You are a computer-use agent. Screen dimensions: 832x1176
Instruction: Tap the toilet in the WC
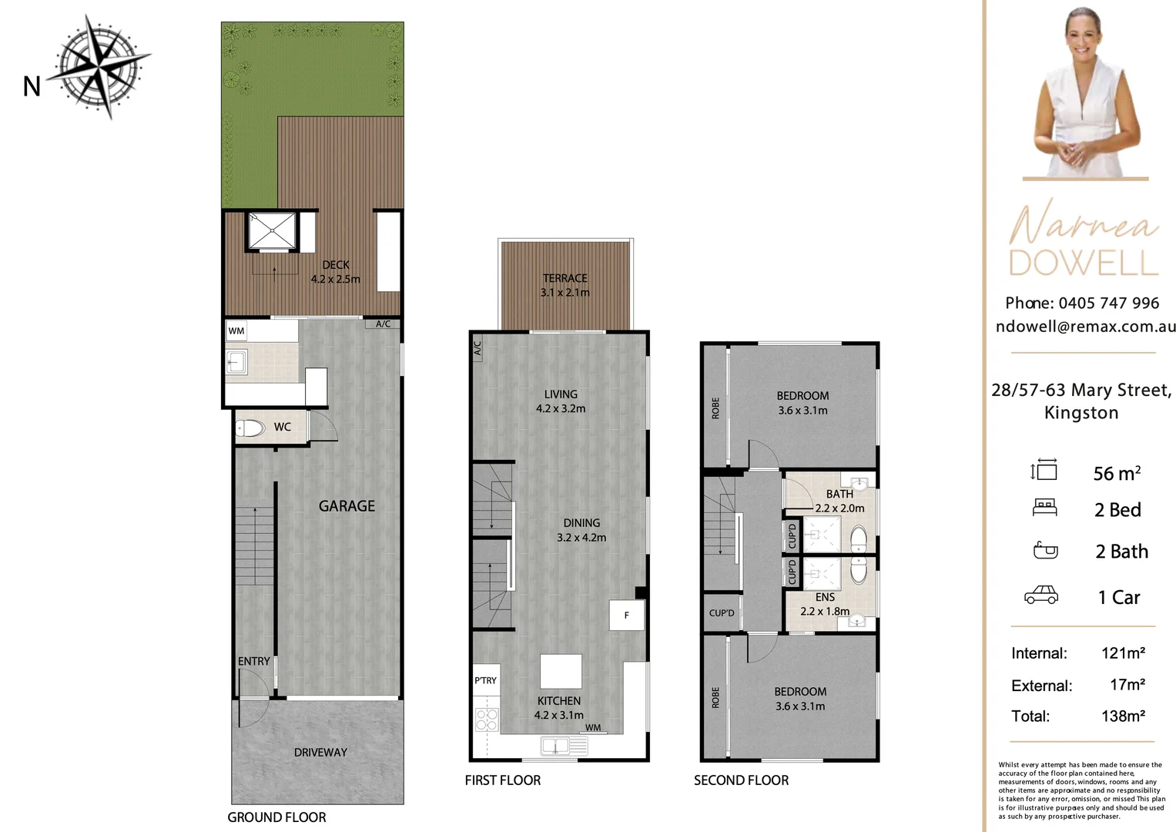coord(250,428)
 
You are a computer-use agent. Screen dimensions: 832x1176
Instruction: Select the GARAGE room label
coord(347,506)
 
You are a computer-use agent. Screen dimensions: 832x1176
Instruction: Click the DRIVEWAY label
coord(320,752)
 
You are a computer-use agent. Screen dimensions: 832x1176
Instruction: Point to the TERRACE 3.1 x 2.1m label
coord(565,285)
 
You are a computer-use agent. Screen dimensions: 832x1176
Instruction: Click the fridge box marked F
coord(626,615)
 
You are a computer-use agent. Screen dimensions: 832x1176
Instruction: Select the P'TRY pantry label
coord(485,680)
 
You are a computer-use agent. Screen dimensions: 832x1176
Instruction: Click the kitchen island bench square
coord(561,671)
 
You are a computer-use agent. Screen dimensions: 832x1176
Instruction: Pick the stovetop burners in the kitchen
coord(487,720)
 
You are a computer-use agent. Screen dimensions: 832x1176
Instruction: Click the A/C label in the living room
coord(477,348)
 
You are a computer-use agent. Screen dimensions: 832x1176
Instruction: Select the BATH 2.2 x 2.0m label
coord(839,501)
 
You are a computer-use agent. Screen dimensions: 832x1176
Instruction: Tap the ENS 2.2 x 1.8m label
coord(825,604)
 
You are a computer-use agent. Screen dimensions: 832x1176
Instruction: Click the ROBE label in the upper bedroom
coord(715,408)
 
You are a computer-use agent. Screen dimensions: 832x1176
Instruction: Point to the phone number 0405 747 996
coord(1108,303)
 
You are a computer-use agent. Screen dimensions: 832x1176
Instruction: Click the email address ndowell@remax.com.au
coord(1085,326)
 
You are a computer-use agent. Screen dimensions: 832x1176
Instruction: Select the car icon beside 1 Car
coord(1040,595)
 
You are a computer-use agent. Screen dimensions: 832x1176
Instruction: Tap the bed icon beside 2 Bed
coord(1044,508)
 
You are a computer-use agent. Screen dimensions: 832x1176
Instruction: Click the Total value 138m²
coord(1123,716)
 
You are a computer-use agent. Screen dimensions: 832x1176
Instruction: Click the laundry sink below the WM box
coord(236,361)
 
